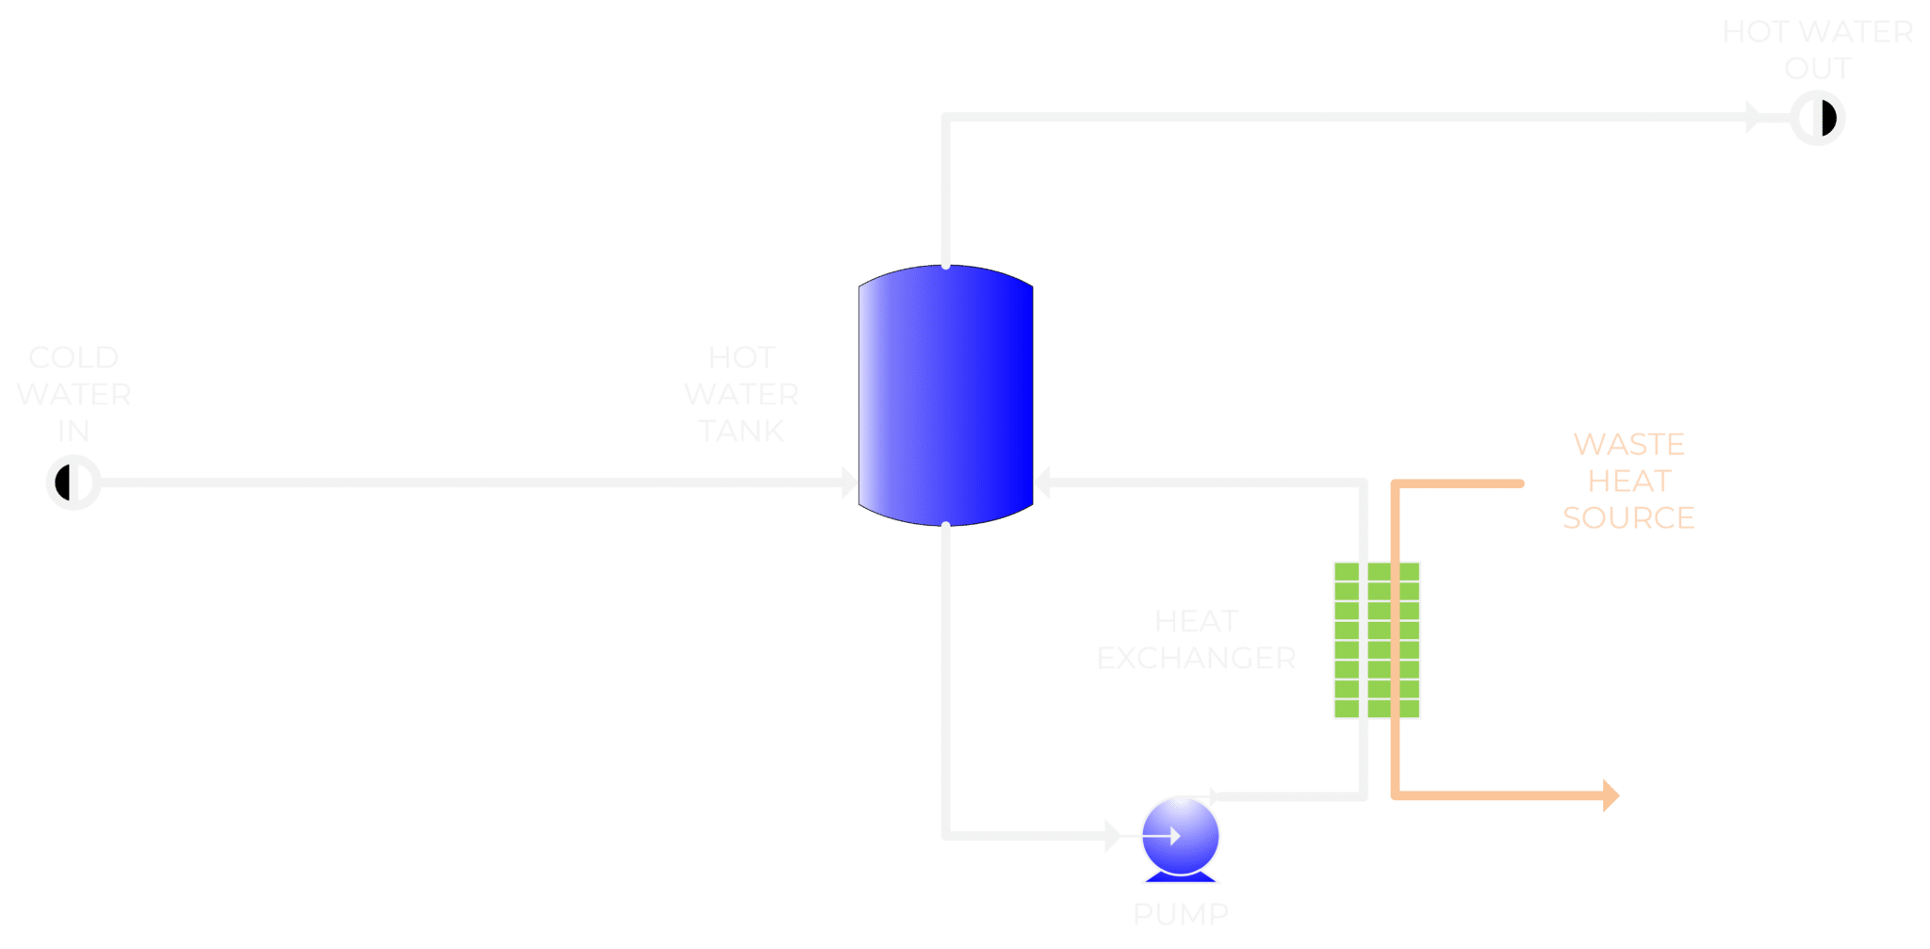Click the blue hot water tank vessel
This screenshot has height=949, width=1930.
(945, 396)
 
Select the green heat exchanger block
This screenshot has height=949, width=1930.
(1376, 641)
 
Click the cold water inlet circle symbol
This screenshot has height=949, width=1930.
(73, 483)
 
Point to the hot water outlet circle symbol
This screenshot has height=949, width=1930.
(1817, 119)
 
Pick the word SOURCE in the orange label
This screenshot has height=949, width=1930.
(1628, 517)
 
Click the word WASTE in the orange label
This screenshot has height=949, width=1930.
(1628, 444)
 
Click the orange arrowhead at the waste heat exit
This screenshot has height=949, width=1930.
(1611, 795)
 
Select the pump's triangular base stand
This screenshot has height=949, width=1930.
(1180, 878)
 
